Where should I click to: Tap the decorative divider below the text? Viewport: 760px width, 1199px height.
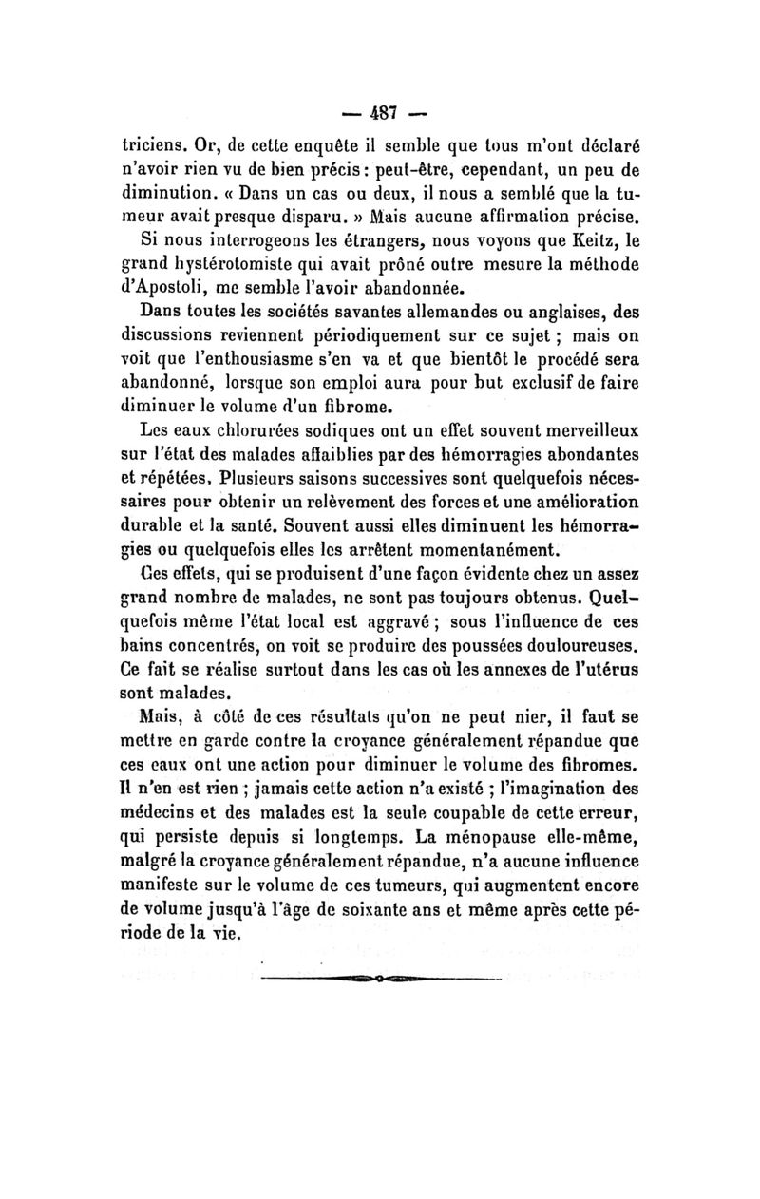click(x=380, y=977)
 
